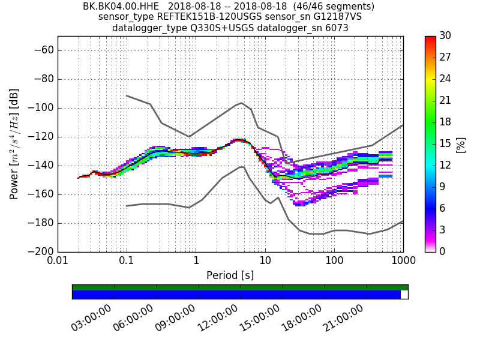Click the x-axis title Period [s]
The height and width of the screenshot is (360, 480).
tap(230, 275)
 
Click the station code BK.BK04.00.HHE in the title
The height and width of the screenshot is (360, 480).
tap(121, 7)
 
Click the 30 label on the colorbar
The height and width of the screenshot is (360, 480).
tap(445, 36)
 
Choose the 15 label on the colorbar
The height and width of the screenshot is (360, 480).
tap(445, 143)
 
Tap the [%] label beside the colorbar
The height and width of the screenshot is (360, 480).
tap(461, 144)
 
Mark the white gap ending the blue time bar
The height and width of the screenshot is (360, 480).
tap(404, 295)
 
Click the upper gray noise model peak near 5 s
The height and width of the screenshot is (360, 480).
tap(241, 103)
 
